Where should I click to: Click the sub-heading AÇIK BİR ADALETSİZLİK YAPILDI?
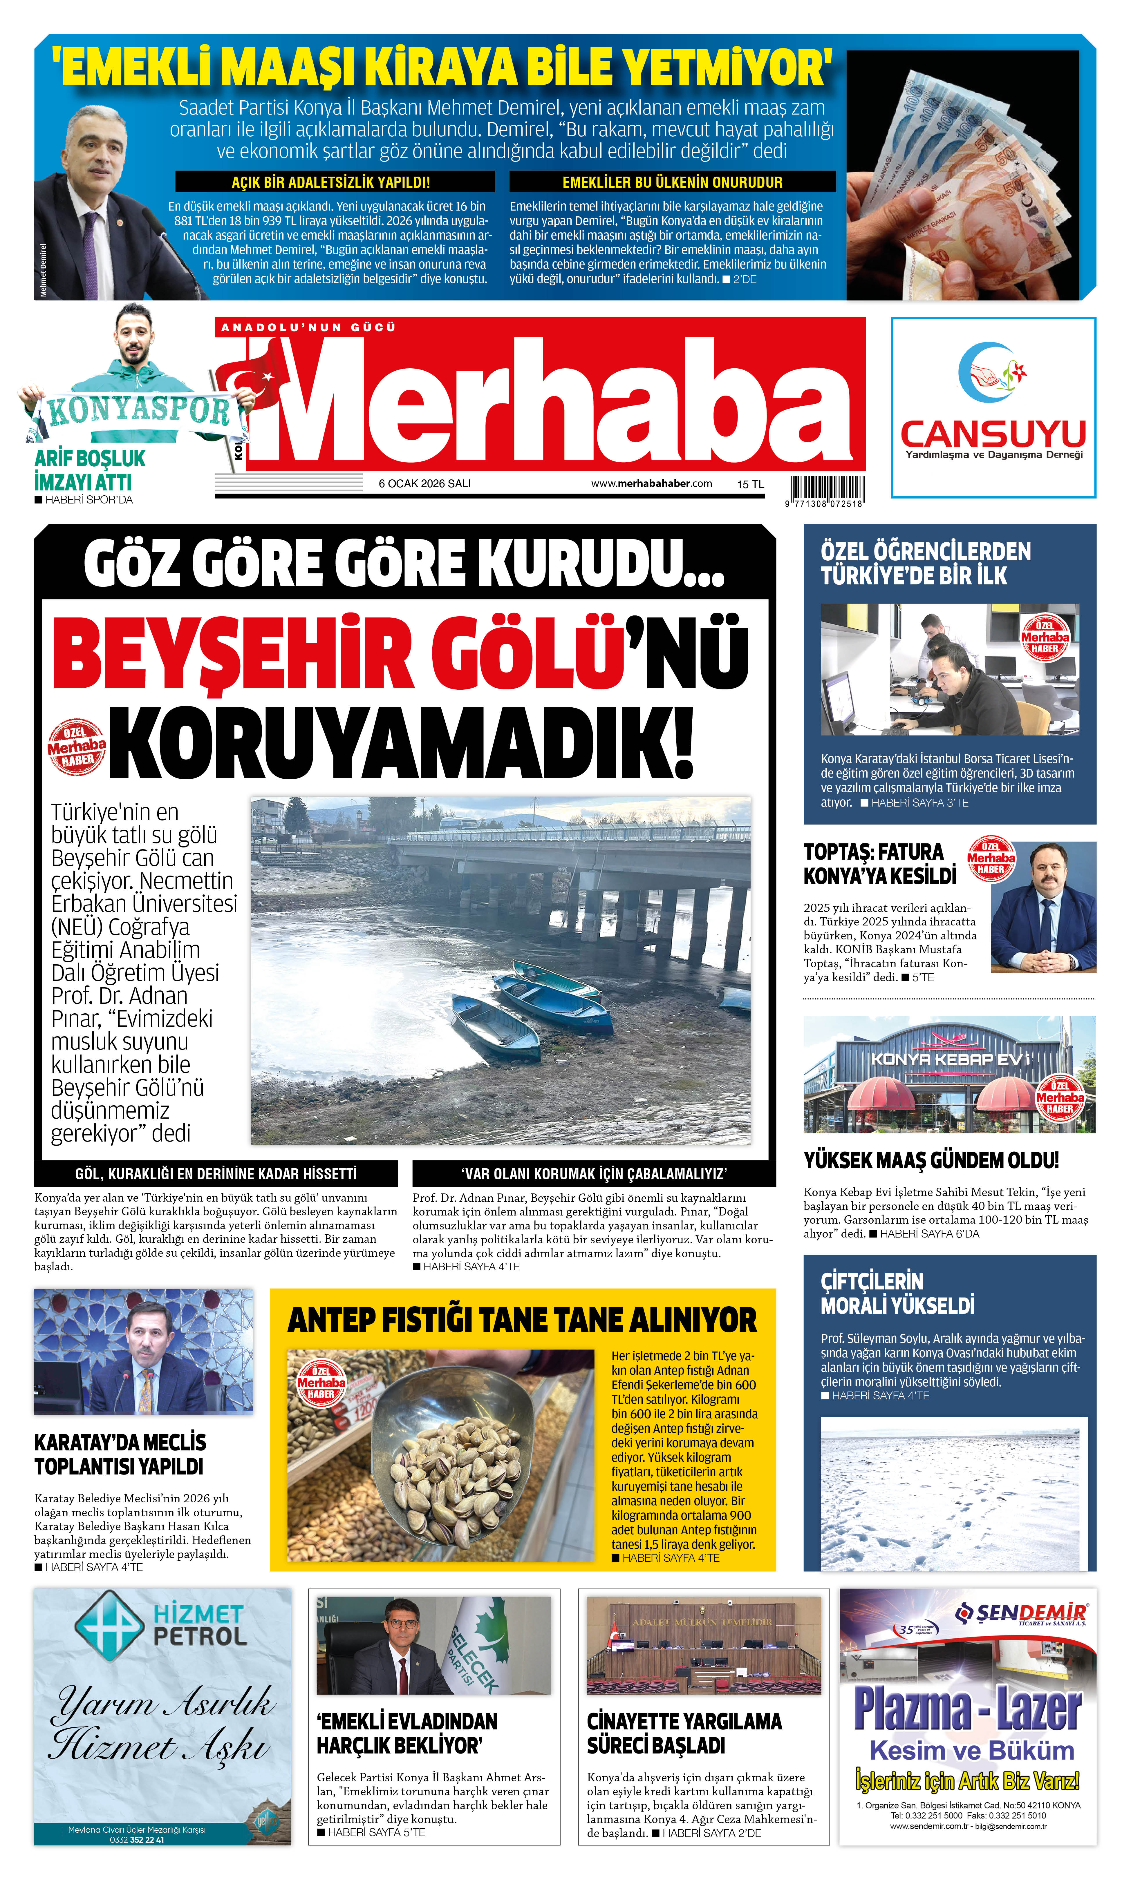click(331, 182)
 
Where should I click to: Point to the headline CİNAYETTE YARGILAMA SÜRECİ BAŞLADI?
click(684, 1733)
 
